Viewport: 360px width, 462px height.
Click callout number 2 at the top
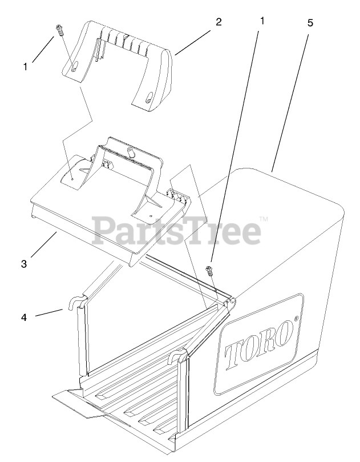[x=218, y=23]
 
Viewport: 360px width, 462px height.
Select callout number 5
[x=310, y=23]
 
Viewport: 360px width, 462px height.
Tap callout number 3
[x=24, y=264]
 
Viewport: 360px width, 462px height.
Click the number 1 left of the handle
[x=25, y=67]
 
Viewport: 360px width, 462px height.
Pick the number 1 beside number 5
[x=262, y=21]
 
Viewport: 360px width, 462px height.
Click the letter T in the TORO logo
[x=232, y=357]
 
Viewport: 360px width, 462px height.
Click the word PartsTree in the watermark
[x=177, y=230]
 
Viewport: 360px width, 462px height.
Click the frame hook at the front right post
[x=176, y=356]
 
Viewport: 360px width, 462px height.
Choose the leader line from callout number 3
[x=43, y=247]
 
